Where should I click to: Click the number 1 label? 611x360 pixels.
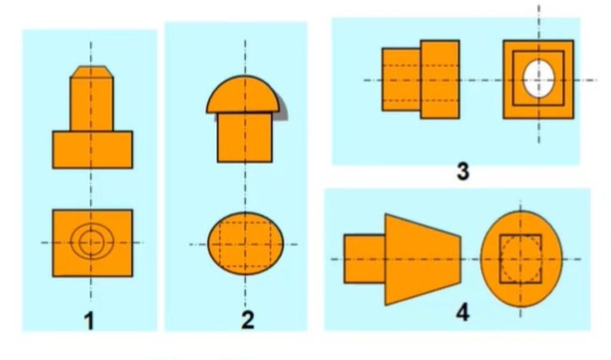pyautogui.click(x=90, y=322)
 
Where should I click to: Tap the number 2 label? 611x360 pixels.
pyautogui.click(x=248, y=320)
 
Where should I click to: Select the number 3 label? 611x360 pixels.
pyautogui.click(x=462, y=171)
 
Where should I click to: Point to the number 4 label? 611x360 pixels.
pyautogui.click(x=462, y=312)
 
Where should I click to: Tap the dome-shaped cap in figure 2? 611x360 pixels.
pyautogui.click(x=243, y=94)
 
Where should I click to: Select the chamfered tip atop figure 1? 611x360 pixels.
pyautogui.click(x=92, y=72)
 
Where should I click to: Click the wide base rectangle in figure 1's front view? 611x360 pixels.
pyautogui.click(x=92, y=150)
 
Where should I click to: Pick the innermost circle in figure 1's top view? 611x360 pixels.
pyautogui.click(x=91, y=242)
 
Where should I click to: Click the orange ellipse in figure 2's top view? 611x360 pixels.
pyautogui.click(x=245, y=244)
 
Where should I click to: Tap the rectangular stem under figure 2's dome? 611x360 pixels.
pyautogui.click(x=245, y=137)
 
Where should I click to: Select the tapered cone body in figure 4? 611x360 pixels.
pyautogui.click(x=423, y=259)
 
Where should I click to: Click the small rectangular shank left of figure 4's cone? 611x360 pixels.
pyautogui.click(x=365, y=259)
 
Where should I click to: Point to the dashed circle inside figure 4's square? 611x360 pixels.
pyautogui.click(x=520, y=259)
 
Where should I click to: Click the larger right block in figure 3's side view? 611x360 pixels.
pyautogui.click(x=440, y=79)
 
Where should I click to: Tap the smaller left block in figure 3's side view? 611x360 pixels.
pyautogui.click(x=401, y=79)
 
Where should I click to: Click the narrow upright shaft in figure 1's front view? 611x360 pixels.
pyautogui.click(x=92, y=104)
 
